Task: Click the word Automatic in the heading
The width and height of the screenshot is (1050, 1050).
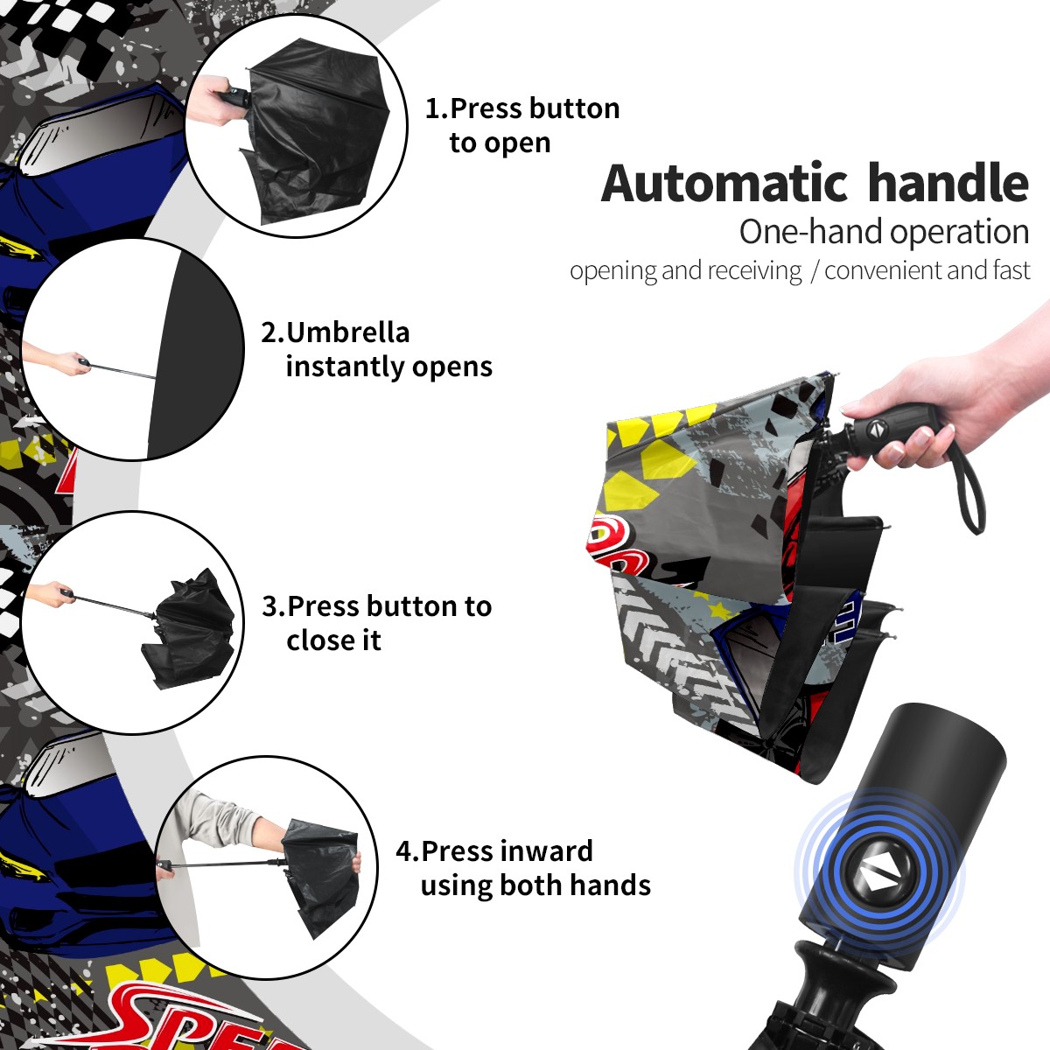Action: pyautogui.click(x=724, y=184)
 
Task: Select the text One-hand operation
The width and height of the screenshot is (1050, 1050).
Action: pyautogui.click(x=884, y=232)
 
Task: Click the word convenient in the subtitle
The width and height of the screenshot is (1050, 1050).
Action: pyautogui.click(x=883, y=270)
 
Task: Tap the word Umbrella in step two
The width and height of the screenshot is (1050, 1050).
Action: pyautogui.click(x=347, y=332)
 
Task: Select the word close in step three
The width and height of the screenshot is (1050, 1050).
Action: pyautogui.click(x=320, y=640)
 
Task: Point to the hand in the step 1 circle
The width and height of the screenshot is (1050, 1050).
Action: pyautogui.click(x=213, y=101)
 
